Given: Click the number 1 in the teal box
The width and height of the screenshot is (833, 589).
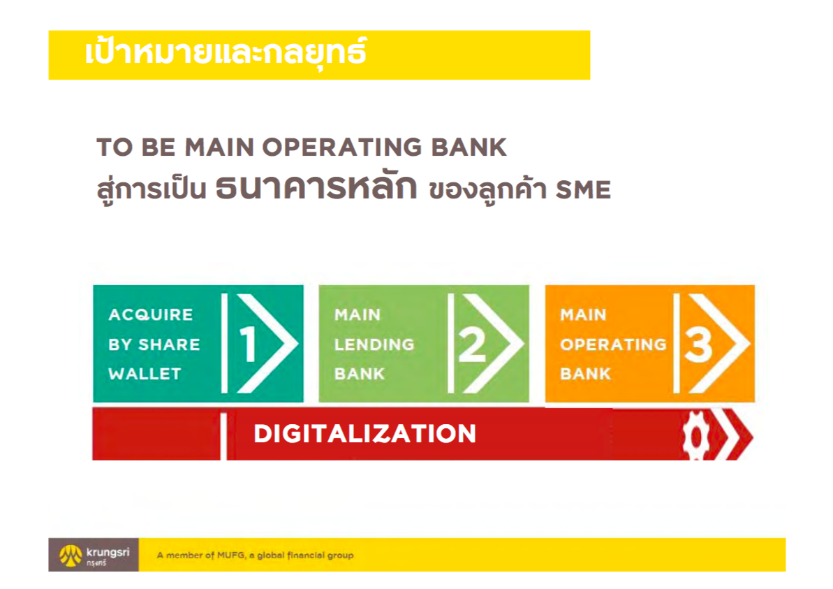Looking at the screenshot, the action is pos(248,344).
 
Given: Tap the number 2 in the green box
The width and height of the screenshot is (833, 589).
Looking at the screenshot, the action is pos(472,344).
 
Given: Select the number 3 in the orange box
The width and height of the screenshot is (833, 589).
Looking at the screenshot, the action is pos(698,344).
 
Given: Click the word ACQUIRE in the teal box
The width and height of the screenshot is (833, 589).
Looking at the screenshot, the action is pos(150,314).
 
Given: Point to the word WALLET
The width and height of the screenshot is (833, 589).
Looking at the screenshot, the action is pos(145,374).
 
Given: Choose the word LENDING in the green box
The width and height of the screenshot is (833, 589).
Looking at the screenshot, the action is pos(374,344).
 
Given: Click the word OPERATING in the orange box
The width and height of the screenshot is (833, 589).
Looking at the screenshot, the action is pos(613,344).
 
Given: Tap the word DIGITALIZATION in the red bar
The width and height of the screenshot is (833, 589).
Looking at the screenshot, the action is pos(365,433).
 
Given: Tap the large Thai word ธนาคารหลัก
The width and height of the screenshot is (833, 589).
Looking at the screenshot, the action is pos(316,187).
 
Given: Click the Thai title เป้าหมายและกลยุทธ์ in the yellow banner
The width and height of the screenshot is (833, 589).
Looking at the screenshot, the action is pos(226,53).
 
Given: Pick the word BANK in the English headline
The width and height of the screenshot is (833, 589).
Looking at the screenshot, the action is pos(468,147).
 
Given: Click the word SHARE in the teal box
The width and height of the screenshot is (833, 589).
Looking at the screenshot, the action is pos(169,344).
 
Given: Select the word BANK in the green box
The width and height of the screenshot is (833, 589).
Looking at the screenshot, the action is pos(359,374).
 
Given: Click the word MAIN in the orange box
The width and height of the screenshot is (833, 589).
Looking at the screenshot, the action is pos(583,314).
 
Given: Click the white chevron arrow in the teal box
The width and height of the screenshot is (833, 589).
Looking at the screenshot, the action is pos(268,343).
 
